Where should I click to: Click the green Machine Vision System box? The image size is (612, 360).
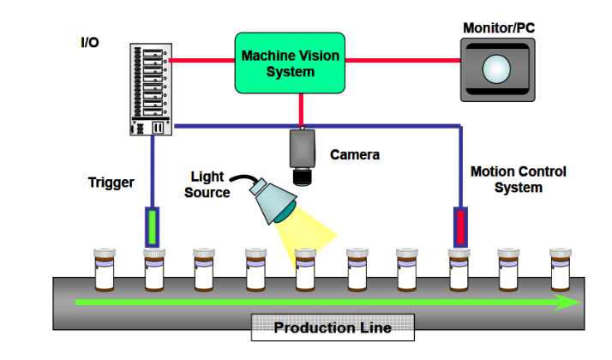pyautogui.click(x=291, y=63)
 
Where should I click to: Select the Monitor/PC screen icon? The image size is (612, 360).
pyautogui.click(x=498, y=67)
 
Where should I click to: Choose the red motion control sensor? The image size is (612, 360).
pyautogui.click(x=459, y=226)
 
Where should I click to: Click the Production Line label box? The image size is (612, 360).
pyautogui.click(x=333, y=327)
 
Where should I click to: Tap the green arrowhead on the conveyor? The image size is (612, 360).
pyautogui.click(x=566, y=302)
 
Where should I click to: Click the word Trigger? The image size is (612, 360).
pyautogui.click(x=111, y=182)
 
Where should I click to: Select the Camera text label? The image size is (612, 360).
pyautogui.click(x=355, y=155)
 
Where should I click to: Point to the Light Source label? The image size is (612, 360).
pyautogui.click(x=208, y=184)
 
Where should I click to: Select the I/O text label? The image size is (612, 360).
pyautogui.click(x=88, y=41)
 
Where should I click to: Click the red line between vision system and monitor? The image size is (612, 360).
pyautogui.click(x=402, y=61)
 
